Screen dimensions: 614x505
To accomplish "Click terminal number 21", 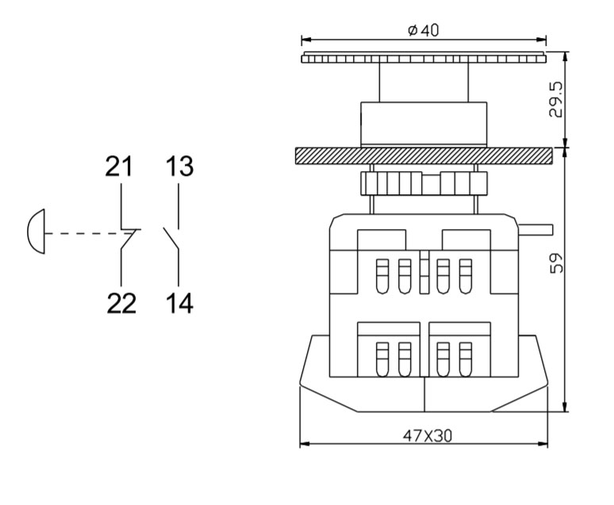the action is pyautogui.click(x=119, y=166).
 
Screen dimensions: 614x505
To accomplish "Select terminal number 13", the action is pyautogui.click(x=179, y=166).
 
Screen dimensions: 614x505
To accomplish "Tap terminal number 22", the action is pyautogui.click(x=121, y=304).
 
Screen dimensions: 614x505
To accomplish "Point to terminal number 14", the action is pyautogui.click(x=179, y=304).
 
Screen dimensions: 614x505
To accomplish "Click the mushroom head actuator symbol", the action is pyautogui.click(x=36, y=231).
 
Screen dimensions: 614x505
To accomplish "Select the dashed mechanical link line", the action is pyautogui.click(x=86, y=234).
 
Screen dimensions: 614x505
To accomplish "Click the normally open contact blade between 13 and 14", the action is pyautogui.click(x=171, y=239).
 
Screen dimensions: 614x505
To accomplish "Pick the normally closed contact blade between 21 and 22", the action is pyautogui.click(x=128, y=239).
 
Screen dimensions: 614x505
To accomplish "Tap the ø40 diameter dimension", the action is pyautogui.click(x=424, y=31).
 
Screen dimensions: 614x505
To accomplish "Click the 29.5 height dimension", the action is pyautogui.click(x=555, y=99).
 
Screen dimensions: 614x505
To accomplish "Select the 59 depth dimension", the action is pyautogui.click(x=556, y=262).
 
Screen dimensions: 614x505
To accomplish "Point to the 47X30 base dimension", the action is pyautogui.click(x=427, y=435).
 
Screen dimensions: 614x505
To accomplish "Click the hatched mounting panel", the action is pyautogui.click(x=424, y=155).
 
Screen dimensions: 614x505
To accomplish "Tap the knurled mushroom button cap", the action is pyautogui.click(x=424, y=58).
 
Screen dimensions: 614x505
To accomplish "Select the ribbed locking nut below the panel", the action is pyautogui.click(x=424, y=183).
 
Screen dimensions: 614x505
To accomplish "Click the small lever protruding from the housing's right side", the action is pyautogui.click(x=535, y=229).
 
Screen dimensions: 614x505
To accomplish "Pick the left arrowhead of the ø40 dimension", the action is pyautogui.click(x=306, y=40).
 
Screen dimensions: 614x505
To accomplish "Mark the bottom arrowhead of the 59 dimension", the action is pyautogui.click(x=565, y=407).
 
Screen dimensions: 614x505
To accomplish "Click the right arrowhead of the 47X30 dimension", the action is pyautogui.click(x=543, y=444).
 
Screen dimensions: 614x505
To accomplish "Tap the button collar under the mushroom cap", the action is pyautogui.click(x=424, y=124).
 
